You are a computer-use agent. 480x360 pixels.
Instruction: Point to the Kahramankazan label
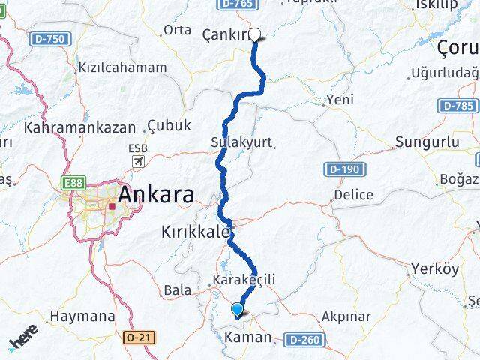click(x=79, y=127)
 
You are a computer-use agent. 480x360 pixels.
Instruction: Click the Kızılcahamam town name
click(x=122, y=67)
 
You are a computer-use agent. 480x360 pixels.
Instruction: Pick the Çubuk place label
click(x=169, y=125)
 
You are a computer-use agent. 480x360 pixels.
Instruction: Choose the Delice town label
click(x=352, y=194)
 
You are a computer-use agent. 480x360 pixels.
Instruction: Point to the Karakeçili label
click(x=244, y=280)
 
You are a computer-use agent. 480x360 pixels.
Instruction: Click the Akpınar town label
click(x=345, y=316)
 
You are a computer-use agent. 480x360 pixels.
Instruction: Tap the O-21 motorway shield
click(x=140, y=338)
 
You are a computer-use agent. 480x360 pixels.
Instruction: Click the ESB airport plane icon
click(x=138, y=162)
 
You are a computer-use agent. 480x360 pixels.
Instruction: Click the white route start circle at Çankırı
click(x=255, y=34)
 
